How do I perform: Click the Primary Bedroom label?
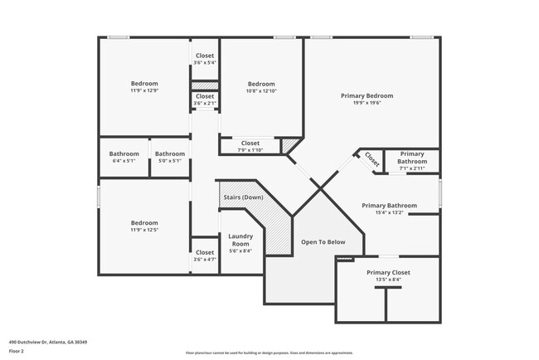(x=367, y=96)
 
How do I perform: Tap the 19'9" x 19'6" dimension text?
(x=367, y=105)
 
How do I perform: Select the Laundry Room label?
(x=240, y=240)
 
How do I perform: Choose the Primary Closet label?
(x=388, y=272)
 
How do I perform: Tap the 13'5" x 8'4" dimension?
(x=388, y=280)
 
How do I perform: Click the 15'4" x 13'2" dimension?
(x=388, y=213)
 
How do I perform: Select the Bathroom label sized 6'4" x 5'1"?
(x=124, y=153)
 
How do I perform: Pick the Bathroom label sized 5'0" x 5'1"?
(x=170, y=153)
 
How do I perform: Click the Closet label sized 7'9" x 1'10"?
(x=250, y=143)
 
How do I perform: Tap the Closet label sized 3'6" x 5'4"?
(x=205, y=56)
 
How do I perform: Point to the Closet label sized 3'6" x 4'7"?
(x=205, y=252)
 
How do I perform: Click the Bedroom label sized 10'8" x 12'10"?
(x=261, y=84)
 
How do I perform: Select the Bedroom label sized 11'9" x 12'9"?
(x=144, y=84)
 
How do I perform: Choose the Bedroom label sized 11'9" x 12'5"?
(x=144, y=222)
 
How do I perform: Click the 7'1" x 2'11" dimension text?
(x=412, y=168)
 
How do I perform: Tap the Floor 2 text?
(x=17, y=351)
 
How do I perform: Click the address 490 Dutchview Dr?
(x=48, y=342)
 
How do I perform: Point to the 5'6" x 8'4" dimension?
(x=240, y=251)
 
